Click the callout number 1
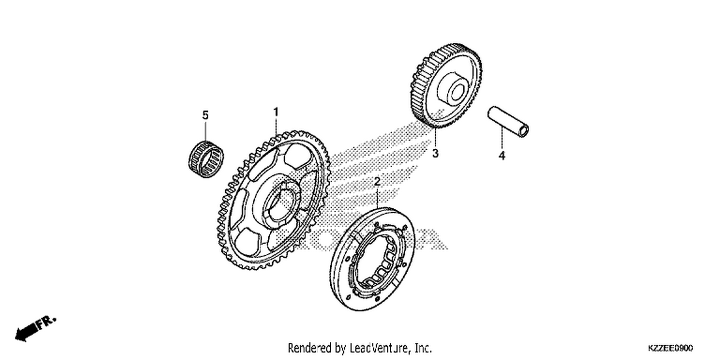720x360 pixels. click(x=276, y=112)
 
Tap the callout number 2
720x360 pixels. click(x=377, y=181)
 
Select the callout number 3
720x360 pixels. click(x=435, y=154)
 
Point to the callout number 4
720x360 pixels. click(x=502, y=156)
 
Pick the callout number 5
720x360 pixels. click(x=205, y=115)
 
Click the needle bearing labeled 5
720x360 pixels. click(x=206, y=159)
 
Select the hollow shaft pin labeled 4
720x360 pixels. click(x=508, y=122)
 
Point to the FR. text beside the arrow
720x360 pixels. click(x=47, y=323)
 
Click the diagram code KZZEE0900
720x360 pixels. click(x=670, y=348)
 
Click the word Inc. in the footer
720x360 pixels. click(x=423, y=348)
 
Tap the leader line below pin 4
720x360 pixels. click(x=502, y=138)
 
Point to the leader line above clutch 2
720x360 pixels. click(x=377, y=198)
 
